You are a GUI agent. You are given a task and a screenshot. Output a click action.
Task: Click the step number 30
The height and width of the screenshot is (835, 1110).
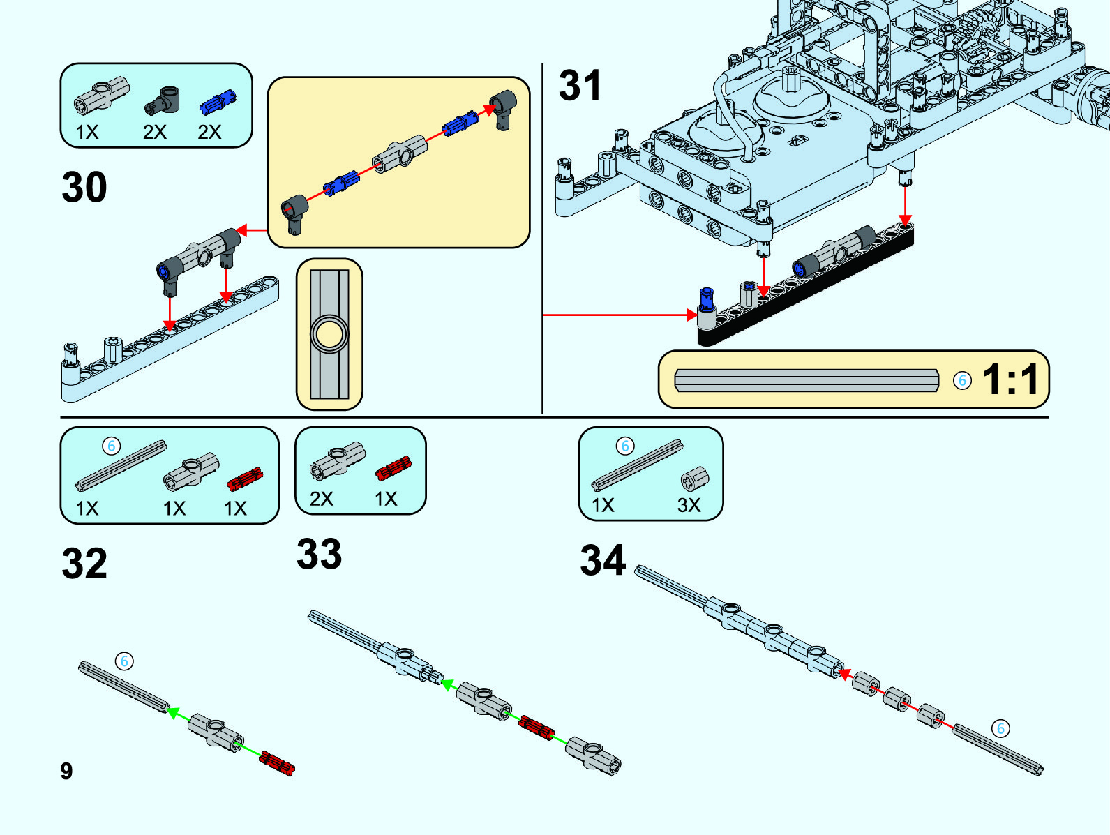pyautogui.click(x=84, y=187)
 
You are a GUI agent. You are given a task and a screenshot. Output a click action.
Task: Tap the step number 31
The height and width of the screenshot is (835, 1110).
pyautogui.click(x=580, y=86)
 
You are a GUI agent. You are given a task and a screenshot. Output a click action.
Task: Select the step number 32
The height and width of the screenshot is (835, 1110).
pyautogui.click(x=84, y=564)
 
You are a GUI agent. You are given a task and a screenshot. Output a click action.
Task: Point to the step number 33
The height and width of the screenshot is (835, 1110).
pyautogui.click(x=319, y=555)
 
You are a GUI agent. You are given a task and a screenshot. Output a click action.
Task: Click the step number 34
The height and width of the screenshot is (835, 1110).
pyautogui.click(x=603, y=561)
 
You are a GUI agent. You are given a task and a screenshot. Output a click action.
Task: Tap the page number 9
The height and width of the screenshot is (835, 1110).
pyautogui.click(x=66, y=771)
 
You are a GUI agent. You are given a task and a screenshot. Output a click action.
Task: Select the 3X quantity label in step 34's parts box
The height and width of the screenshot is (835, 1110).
pyautogui.click(x=689, y=505)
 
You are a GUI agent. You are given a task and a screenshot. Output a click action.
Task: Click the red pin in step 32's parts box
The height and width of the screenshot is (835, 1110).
pyautogui.click(x=245, y=479)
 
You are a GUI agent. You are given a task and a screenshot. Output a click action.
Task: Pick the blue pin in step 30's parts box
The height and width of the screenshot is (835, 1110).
pyautogui.click(x=218, y=103)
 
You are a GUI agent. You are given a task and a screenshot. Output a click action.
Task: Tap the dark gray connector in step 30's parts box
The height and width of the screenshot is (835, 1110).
pyautogui.click(x=163, y=100)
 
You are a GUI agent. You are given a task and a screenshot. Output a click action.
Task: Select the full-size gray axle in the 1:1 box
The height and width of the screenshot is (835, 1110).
pyautogui.click(x=807, y=380)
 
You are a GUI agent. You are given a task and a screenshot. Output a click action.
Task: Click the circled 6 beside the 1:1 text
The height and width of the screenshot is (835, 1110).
pyautogui.click(x=962, y=380)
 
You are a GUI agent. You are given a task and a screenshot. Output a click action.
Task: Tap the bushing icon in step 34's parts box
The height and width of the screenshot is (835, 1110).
pyautogui.click(x=694, y=479)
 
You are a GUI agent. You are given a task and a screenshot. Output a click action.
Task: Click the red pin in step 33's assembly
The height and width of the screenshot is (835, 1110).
pyautogui.click(x=536, y=727)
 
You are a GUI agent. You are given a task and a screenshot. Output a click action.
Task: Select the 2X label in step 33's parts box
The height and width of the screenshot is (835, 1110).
pyautogui.click(x=322, y=499)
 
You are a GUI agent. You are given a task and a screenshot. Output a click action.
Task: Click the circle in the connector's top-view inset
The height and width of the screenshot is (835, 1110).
pyautogui.click(x=329, y=333)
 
